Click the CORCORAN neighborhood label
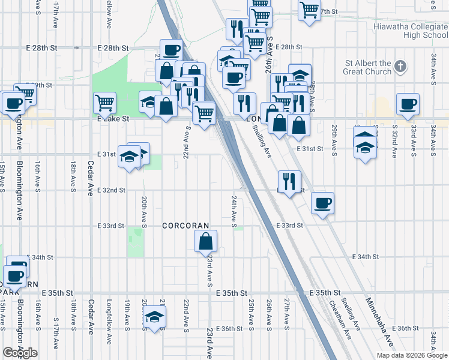point(187,226)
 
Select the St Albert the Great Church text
point(367,67)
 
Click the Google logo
point(20,353)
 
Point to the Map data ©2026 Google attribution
point(412,355)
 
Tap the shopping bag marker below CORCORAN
point(205,241)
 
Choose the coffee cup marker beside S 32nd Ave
point(408,103)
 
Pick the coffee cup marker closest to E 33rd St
point(322,203)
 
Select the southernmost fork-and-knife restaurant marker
point(289,181)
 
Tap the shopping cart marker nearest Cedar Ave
point(105,103)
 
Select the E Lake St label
point(113,119)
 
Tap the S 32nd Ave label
point(394,141)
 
